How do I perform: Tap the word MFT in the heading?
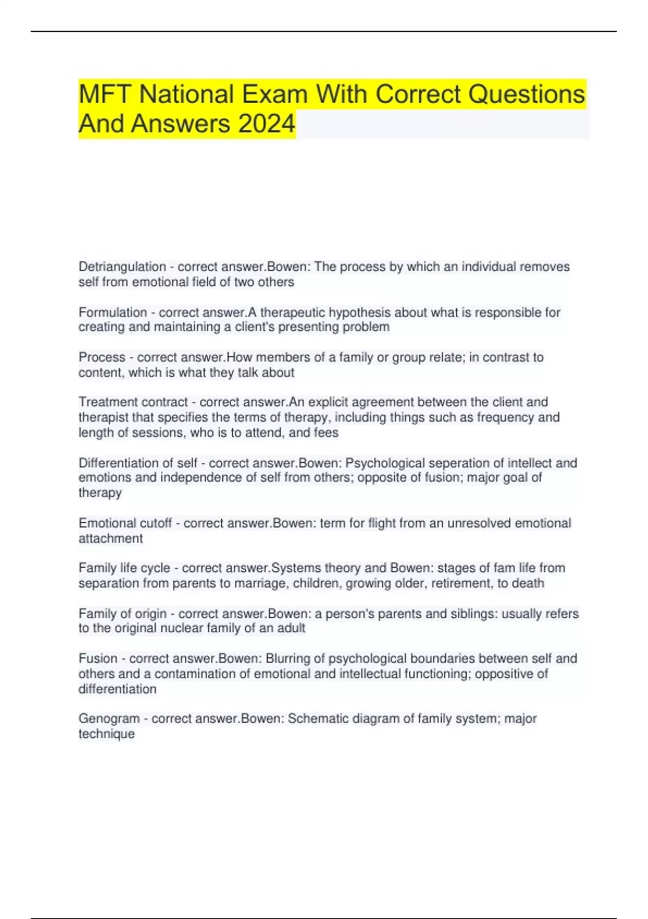click(x=105, y=94)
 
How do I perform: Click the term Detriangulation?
click(x=122, y=267)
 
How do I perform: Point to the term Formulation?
click(x=113, y=312)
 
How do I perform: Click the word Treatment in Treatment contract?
click(x=106, y=402)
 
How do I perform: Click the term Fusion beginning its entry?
click(x=98, y=658)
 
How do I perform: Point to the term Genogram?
click(x=109, y=718)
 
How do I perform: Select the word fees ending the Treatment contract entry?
click(x=327, y=432)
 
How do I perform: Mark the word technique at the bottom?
click(x=106, y=734)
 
